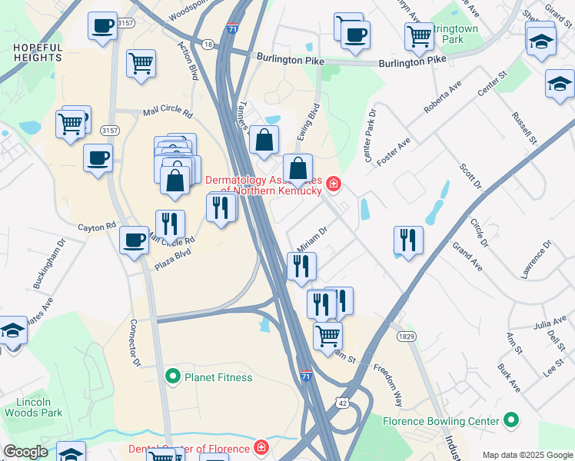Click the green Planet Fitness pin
(x=174, y=376)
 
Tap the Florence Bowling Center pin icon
(x=511, y=420)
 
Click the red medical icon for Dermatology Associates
(x=334, y=184)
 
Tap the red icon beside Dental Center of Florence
(x=261, y=447)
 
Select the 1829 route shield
(x=407, y=337)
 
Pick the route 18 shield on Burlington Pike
(x=208, y=45)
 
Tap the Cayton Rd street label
(x=96, y=227)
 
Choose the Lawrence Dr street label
(x=537, y=260)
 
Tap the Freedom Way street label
(x=388, y=381)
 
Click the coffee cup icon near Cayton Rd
(x=134, y=240)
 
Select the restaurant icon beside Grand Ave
(x=408, y=239)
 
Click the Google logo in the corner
(x=25, y=452)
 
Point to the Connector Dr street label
(x=137, y=343)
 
